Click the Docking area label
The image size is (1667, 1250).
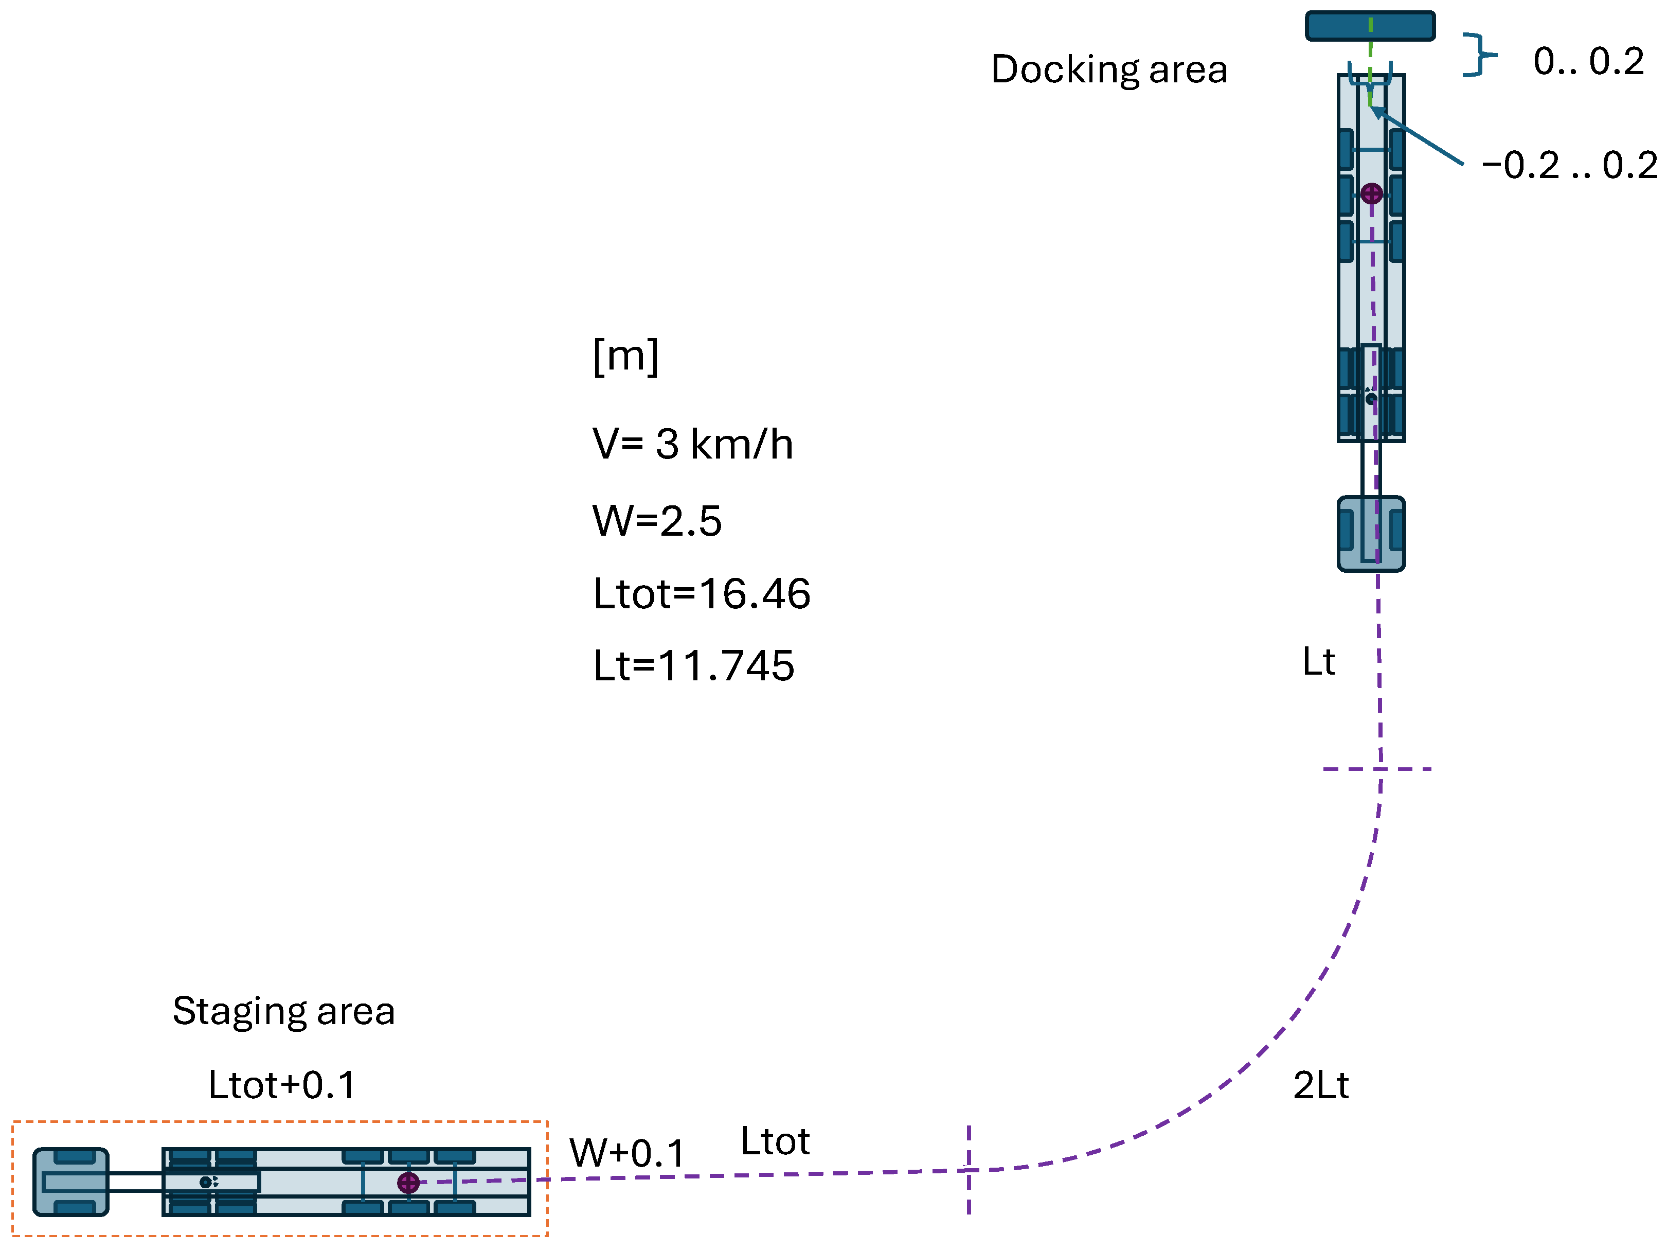click(x=1108, y=69)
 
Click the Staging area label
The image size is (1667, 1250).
click(x=283, y=1011)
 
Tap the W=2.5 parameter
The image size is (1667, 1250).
click(x=656, y=520)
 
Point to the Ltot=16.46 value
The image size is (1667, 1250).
click(x=701, y=593)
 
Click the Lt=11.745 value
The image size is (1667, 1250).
click(x=693, y=666)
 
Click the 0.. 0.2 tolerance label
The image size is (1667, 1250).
click(x=1588, y=61)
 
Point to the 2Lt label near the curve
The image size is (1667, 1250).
click(x=1320, y=1085)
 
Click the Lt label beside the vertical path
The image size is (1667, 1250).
click(x=1318, y=661)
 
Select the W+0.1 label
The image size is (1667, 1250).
click(x=626, y=1153)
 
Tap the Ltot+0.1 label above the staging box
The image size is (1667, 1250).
click(x=281, y=1085)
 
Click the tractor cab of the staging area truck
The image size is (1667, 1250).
click(x=71, y=1182)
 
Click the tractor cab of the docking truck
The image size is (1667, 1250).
click(x=1370, y=533)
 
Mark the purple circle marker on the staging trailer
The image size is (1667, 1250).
click(x=408, y=1182)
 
